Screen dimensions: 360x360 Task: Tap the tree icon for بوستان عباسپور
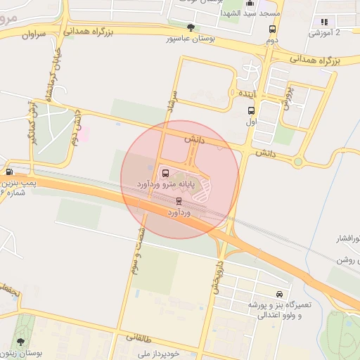coord(191,27)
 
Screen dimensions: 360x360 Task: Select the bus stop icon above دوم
coord(272,30)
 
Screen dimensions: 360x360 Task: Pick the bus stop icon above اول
coord(251,110)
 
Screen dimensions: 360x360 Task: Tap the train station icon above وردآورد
coord(178,201)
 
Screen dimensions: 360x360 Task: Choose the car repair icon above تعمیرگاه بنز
coord(280,294)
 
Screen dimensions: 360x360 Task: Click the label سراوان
coord(33,34)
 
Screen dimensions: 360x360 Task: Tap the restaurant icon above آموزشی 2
coord(324,22)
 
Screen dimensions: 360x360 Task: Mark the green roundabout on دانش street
coord(298,162)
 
